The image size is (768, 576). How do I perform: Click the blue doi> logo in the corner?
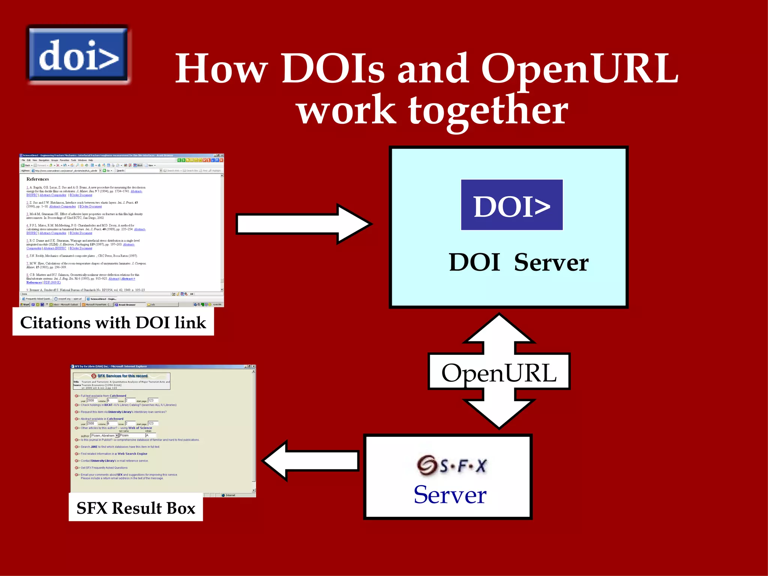(78, 55)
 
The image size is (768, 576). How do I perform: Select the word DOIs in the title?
(333, 69)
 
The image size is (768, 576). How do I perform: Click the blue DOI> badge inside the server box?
(511, 205)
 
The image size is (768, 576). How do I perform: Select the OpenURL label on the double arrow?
(499, 373)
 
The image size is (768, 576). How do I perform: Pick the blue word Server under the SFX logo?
(450, 495)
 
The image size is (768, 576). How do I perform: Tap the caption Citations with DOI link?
(113, 323)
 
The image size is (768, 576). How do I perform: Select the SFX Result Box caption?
(136, 508)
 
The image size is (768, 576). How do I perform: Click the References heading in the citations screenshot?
(37, 179)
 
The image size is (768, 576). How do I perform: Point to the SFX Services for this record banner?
(122, 376)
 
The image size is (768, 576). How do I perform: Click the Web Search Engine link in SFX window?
(132, 454)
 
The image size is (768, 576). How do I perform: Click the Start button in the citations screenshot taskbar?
(25, 304)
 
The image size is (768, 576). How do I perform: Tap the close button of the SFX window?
(253, 366)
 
